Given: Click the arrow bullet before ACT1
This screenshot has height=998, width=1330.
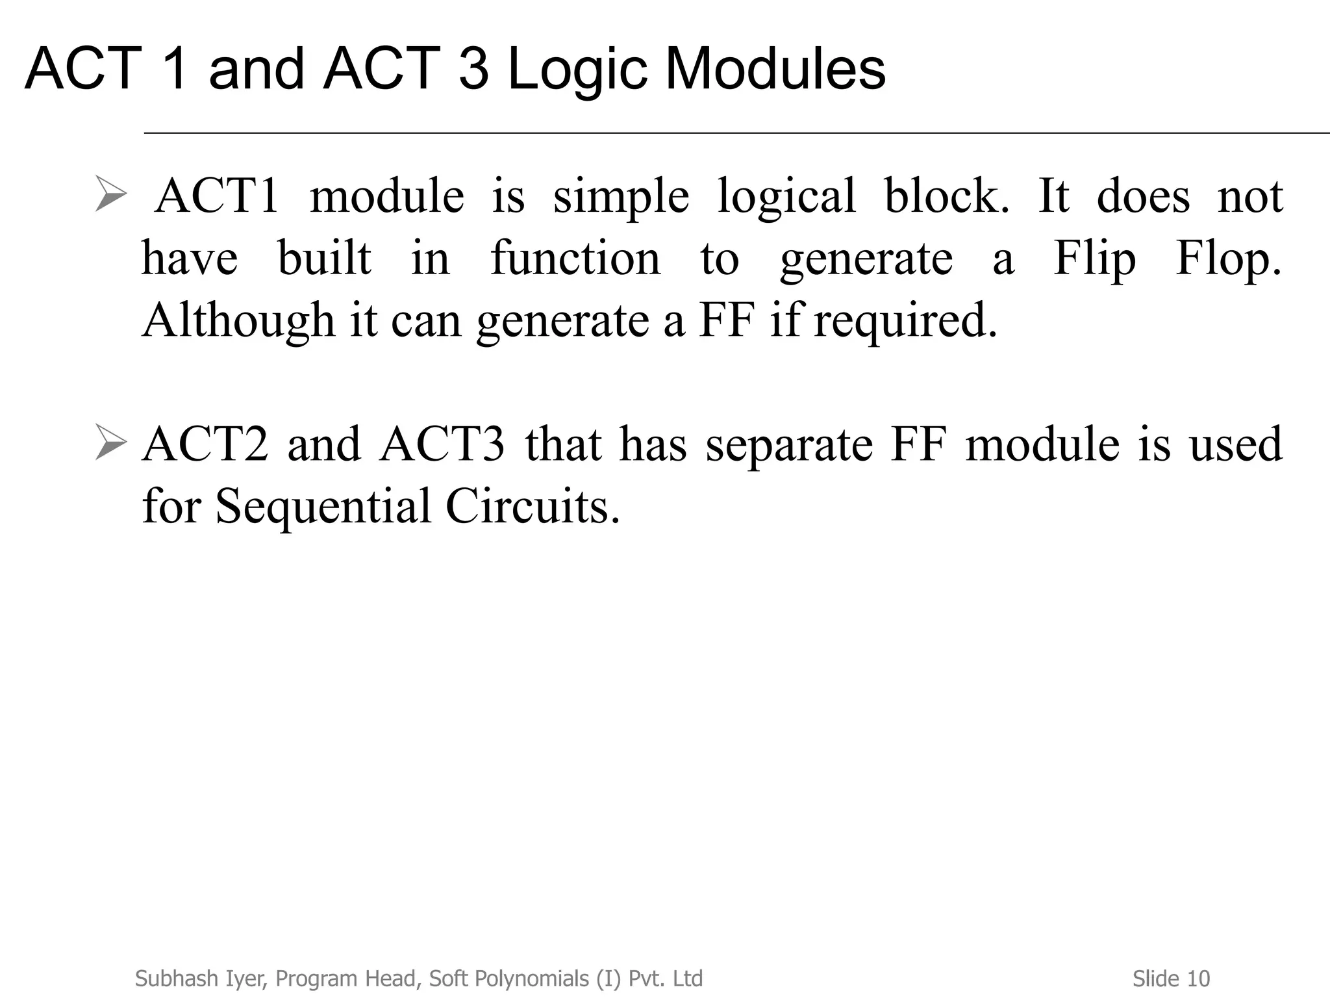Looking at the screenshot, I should [110, 193].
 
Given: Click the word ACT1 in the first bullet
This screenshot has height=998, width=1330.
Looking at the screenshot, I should [218, 196].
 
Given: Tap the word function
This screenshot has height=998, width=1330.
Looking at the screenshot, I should [575, 258].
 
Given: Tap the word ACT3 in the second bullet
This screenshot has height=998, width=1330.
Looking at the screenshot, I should [442, 444].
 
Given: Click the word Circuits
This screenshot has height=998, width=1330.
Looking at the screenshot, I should [533, 506].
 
